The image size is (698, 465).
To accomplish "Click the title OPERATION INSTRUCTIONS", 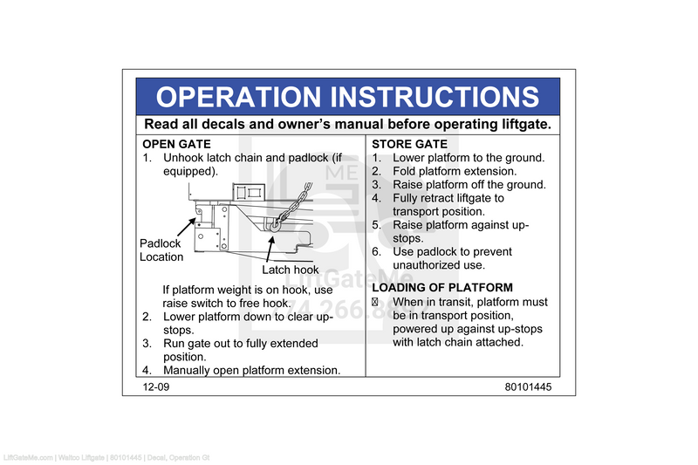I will [x=347, y=96].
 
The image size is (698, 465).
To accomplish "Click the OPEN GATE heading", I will [x=176, y=144].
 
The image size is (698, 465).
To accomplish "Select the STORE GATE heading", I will [x=409, y=144].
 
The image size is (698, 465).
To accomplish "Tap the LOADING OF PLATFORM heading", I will [x=442, y=287].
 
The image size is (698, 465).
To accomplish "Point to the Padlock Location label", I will [x=161, y=250].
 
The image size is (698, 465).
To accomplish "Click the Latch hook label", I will [x=291, y=270].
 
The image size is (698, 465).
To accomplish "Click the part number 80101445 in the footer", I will [x=527, y=386].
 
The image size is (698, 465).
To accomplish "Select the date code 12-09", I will [x=157, y=386].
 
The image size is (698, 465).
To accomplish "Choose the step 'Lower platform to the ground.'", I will [x=469, y=158].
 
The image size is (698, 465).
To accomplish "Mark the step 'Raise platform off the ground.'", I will [x=469, y=185].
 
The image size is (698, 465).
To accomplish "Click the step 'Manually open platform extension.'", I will [x=251, y=370].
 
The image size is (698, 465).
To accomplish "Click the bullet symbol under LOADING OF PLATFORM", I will [x=375, y=302].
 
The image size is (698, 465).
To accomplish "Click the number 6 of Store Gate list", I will [x=376, y=252].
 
